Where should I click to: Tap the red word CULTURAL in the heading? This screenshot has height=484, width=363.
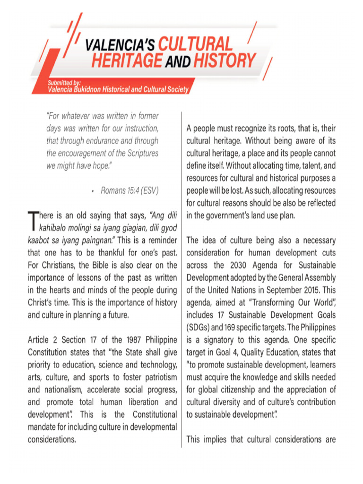[x=195, y=44]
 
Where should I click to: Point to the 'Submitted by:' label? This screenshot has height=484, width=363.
[x=64, y=83]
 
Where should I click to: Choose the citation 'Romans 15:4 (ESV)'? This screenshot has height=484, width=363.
[x=130, y=191]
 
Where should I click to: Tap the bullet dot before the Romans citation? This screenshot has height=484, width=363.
[x=94, y=191]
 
